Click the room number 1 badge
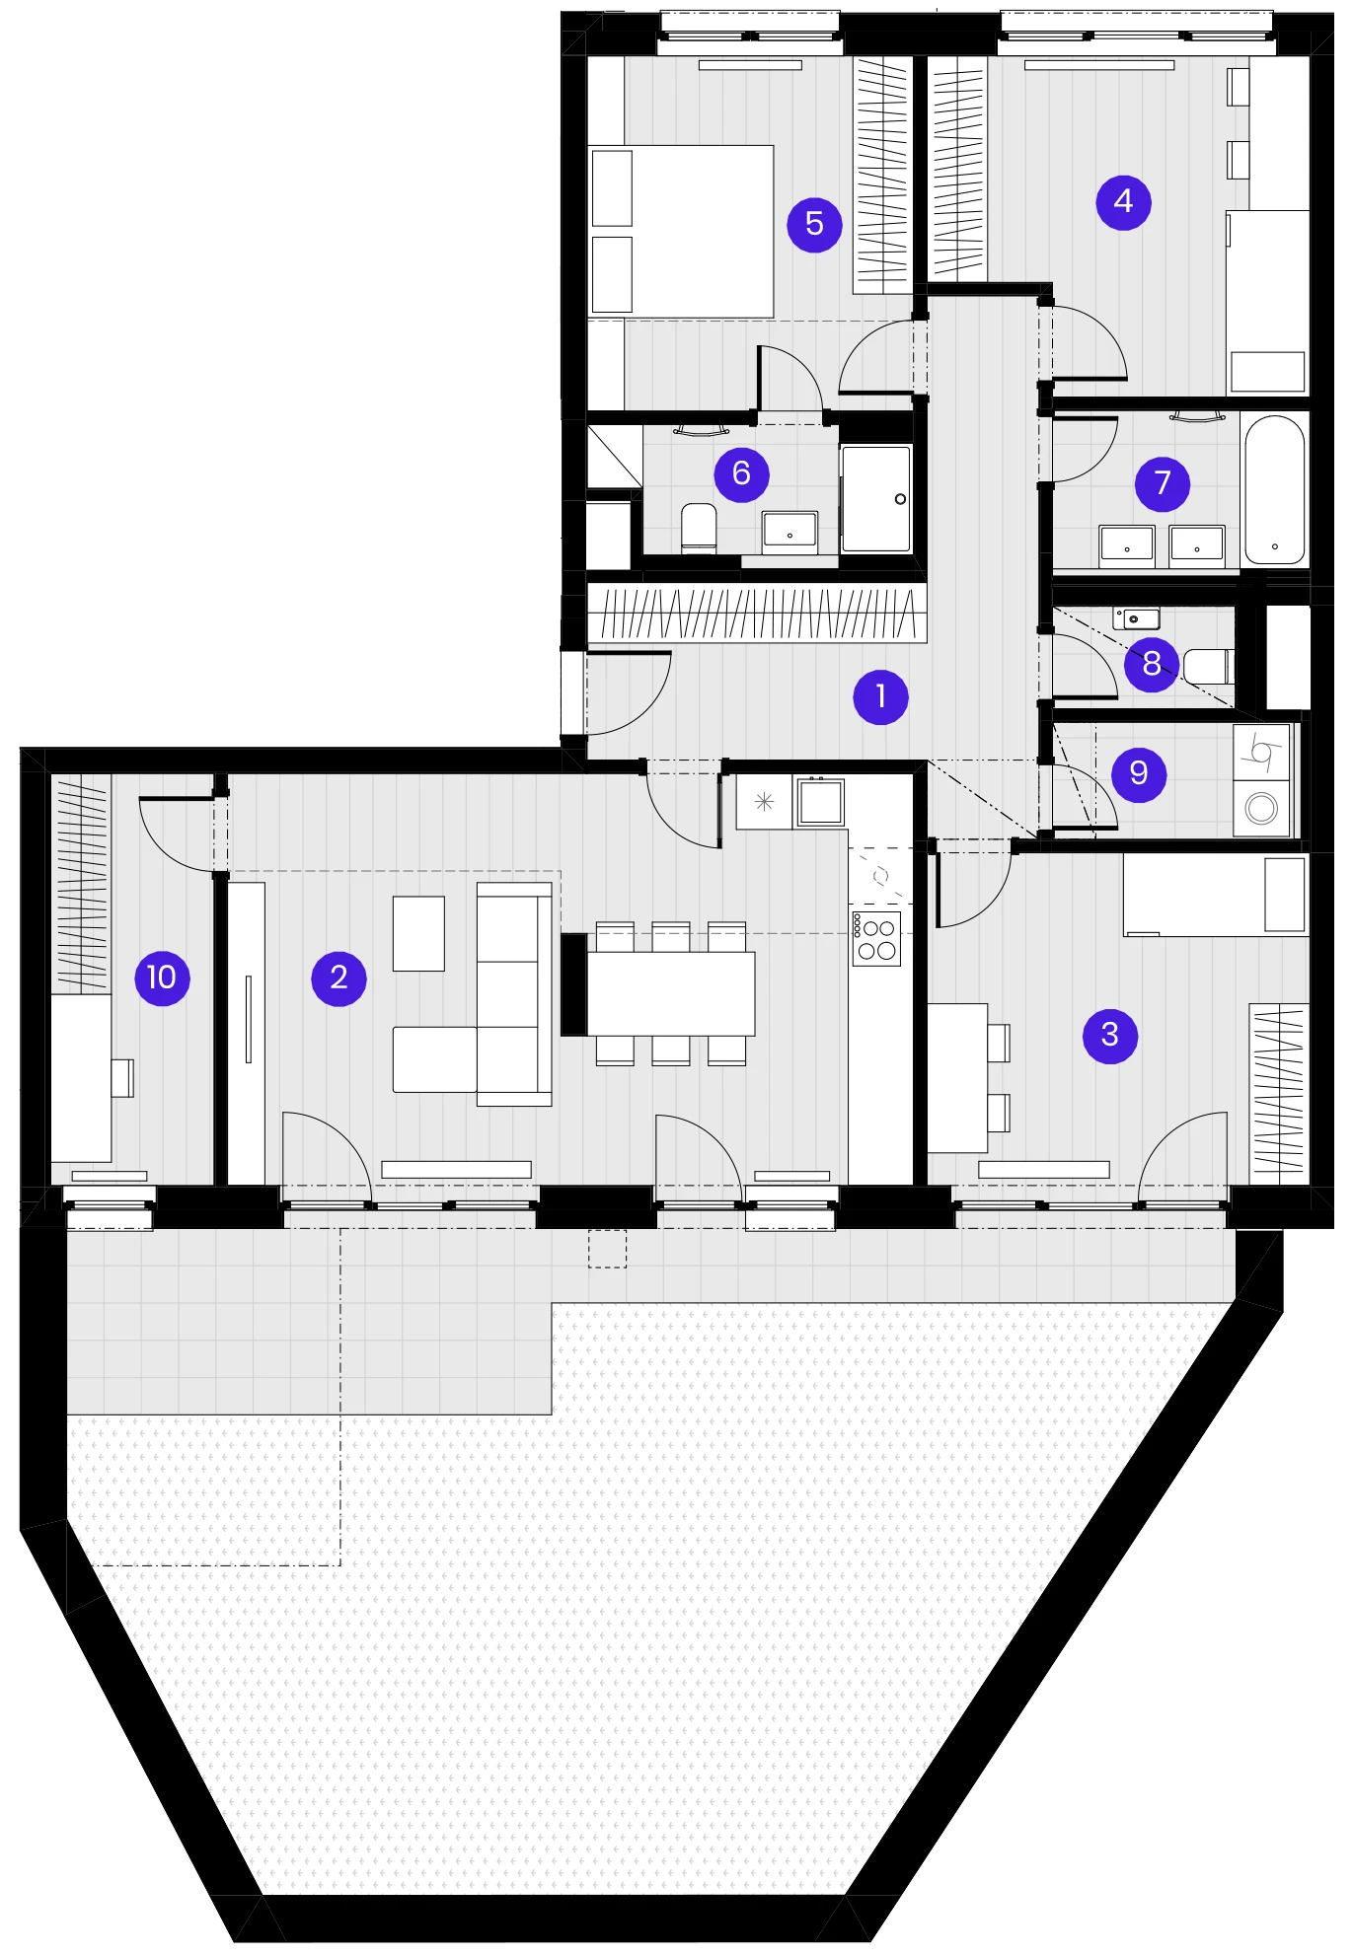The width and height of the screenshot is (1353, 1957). point(880,697)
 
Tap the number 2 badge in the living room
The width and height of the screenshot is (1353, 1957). point(338,978)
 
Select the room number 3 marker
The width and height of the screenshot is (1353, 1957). point(1110,1035)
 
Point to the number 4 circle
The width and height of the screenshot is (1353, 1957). point(1123,202)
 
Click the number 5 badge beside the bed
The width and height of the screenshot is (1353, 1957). point(814,224)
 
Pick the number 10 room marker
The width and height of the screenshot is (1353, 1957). point(162,978)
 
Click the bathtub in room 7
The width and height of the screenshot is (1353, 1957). point(1274,489)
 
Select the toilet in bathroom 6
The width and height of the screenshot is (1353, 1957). point(699,529)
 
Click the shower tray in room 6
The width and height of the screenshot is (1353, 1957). point(875,498)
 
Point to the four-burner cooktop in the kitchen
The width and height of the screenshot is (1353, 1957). point(876,939)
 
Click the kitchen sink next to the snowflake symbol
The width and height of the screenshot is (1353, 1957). point(820,802)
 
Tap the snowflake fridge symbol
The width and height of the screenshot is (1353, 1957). point(764,802)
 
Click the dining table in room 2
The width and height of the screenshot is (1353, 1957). point(671,993)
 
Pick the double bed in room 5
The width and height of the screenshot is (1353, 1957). point(681,232)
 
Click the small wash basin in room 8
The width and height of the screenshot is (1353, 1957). point(1136,618)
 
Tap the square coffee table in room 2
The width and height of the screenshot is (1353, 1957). point(418,933)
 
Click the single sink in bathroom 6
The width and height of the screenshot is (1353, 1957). point(789,532)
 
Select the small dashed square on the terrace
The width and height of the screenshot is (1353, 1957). point(607,1249)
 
